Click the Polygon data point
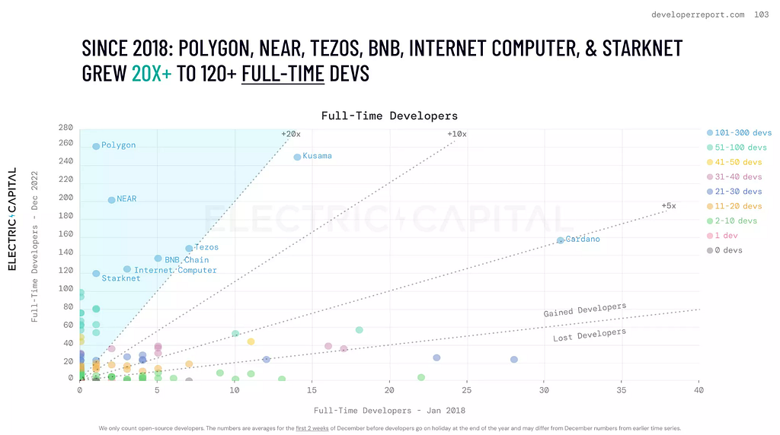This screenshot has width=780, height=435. click(x=96, y=146)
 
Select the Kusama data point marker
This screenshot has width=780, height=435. click(x=297, y=157)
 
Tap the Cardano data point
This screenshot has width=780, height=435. click(x=560, y=240)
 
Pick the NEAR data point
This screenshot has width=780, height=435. click(x=111, y=199)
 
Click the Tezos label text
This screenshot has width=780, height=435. click(x=206, y=247)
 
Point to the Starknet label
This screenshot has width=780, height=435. click(x=121, y=278)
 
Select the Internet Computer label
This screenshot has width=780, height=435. click(x=175, y=270)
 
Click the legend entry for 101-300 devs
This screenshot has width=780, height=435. click(x=739, y=132)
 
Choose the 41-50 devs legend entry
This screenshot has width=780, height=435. click(x=734, y=162)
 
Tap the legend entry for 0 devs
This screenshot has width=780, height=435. click(x=724, y=250)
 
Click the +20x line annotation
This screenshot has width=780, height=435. click(x=291, y=134)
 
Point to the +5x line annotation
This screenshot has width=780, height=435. click(x=669, y=205)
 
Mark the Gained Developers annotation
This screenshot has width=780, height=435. click(x=584, y=310)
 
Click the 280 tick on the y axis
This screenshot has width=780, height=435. click(x=66, y=128)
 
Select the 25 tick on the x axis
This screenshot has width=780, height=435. click(x=467, y=390)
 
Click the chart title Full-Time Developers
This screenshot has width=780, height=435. click(x=389, y=116)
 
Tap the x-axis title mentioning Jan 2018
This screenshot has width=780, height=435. click(x=389, y=410)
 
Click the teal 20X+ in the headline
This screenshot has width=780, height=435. click(x=152, y=74)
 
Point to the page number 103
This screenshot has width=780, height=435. click(x=762, y=14)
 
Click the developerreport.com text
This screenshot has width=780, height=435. click(x=698, y=15)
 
